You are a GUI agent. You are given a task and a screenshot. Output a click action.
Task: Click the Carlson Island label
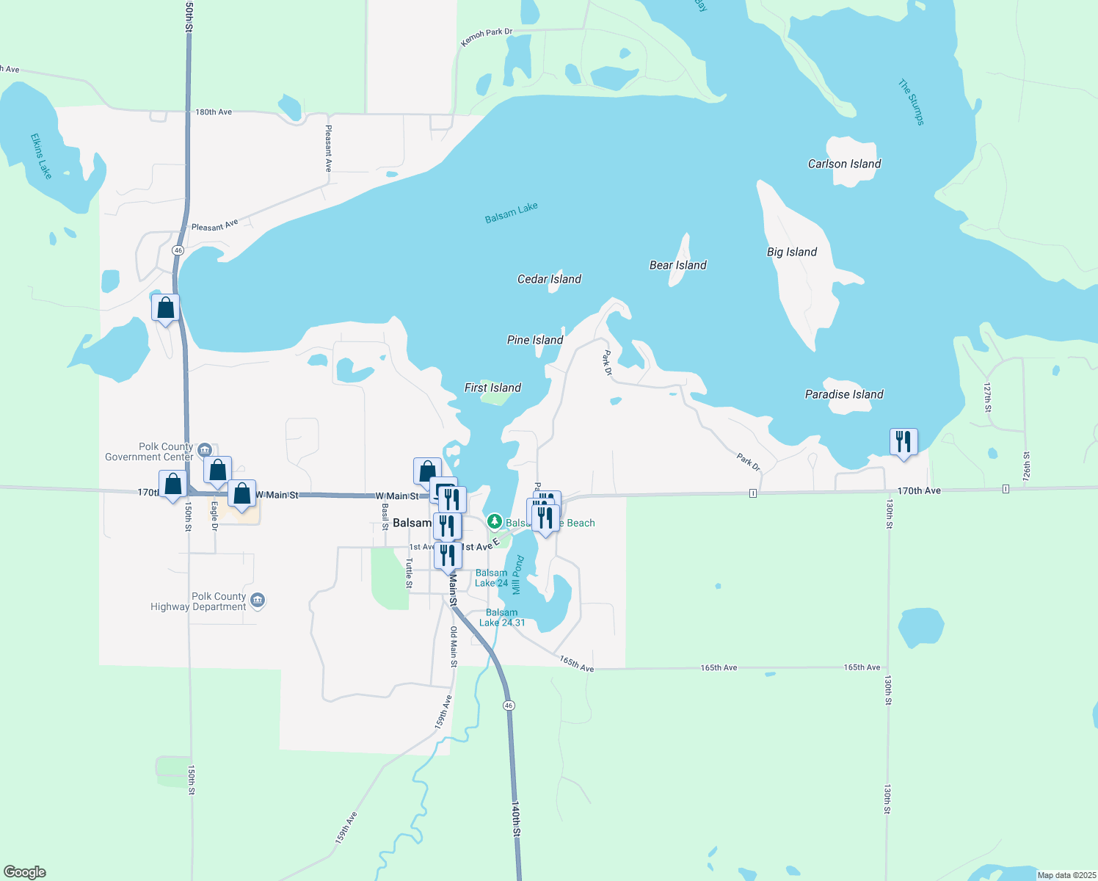844,164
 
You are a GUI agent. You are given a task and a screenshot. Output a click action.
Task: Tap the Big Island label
792,252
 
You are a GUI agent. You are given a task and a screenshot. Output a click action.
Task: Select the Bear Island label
677,265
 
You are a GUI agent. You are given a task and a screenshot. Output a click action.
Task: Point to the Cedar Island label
549,279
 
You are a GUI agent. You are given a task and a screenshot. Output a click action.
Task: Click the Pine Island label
535,340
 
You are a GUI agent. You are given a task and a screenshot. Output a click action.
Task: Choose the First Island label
492,388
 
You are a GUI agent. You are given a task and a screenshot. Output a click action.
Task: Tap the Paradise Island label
844,394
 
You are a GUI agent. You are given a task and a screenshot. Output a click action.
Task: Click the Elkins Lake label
41,156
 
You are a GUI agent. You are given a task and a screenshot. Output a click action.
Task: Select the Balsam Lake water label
512,213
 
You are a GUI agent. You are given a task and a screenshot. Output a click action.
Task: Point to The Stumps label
912,102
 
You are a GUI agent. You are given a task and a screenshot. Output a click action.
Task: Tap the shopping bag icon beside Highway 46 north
166,308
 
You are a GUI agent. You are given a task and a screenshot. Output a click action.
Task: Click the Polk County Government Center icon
205,449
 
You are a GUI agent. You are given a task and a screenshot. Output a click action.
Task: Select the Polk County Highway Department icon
257,601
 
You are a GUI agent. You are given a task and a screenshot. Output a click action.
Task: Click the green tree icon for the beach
495,521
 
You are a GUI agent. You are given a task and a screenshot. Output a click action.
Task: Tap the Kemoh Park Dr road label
486,37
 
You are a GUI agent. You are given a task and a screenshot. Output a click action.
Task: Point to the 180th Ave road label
214,112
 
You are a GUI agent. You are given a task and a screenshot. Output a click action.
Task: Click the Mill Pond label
517,575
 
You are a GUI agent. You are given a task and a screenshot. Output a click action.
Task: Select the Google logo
25,872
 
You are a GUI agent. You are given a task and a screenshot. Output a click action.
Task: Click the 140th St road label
515,819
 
